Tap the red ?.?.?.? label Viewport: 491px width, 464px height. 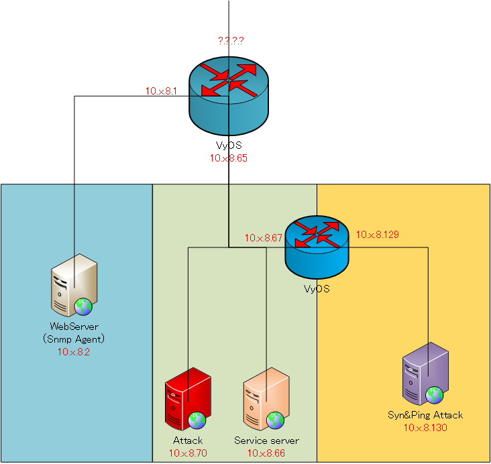231,41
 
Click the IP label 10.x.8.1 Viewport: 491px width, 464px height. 161,91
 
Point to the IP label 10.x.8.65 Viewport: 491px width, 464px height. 229,158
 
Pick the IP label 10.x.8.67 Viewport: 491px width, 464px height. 264,237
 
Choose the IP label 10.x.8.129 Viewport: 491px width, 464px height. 377,235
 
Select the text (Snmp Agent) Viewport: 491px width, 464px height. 74,340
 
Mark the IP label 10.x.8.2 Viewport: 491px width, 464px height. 74,351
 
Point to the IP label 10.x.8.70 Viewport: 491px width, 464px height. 187,453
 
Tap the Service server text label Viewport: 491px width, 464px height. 266,441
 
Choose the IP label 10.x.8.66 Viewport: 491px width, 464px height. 266,453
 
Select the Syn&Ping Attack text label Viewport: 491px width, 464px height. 425,415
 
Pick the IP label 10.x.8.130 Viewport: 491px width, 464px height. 425,427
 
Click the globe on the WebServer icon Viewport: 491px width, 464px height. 83,306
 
